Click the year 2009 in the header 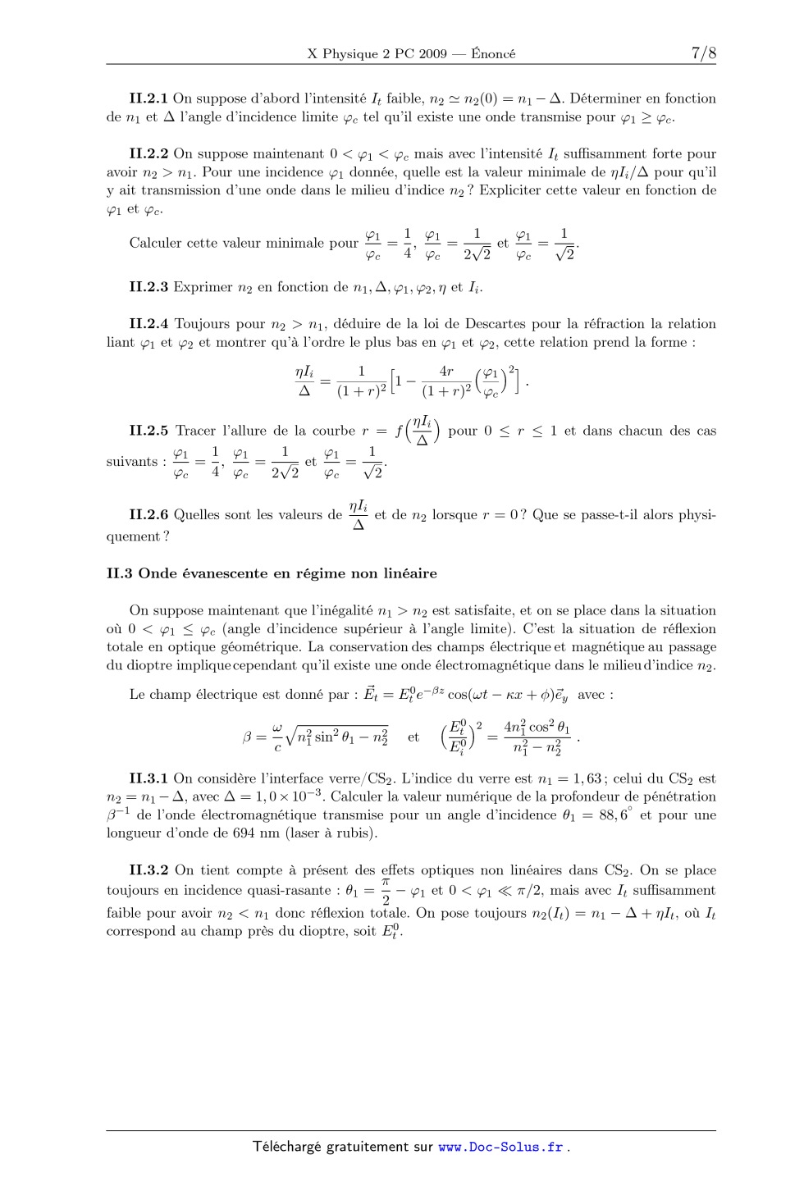[x=432, y=54]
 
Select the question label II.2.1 [x=148, y=98]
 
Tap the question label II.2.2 [x=148, y=153]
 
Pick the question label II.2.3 [x=148, y=287]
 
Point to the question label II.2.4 [x=148, y=324]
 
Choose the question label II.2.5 [x=148, y=431]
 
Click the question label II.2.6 [x=148, y=515]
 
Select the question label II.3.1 [x=148, y=778]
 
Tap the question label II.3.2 [x=148, y=870]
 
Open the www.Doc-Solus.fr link [x=500, y=1148]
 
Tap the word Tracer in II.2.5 [x=196, y=431]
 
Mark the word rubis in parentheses [x=359, y=833]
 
